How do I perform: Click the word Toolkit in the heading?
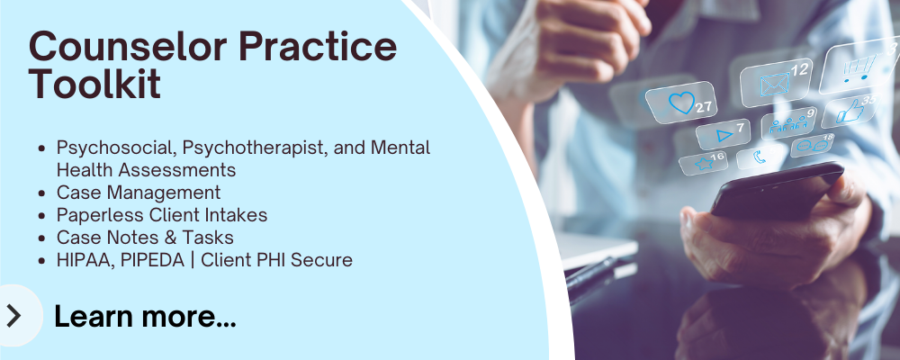click(x=95, y=85)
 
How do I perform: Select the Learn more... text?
click(x=145, y=316)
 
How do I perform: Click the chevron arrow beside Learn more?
click(x=13, y=315)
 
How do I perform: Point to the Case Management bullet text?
click(x=138, y=193)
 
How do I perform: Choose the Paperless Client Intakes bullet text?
click(x=161, y=215)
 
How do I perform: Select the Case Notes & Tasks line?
click(x=145, y=238)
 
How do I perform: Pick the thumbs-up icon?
click(x=848, y=112)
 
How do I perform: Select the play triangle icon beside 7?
click(x=724, y=136)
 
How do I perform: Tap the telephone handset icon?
click(x=760, y=157)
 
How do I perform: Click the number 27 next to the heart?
click(x=703, y=107)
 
